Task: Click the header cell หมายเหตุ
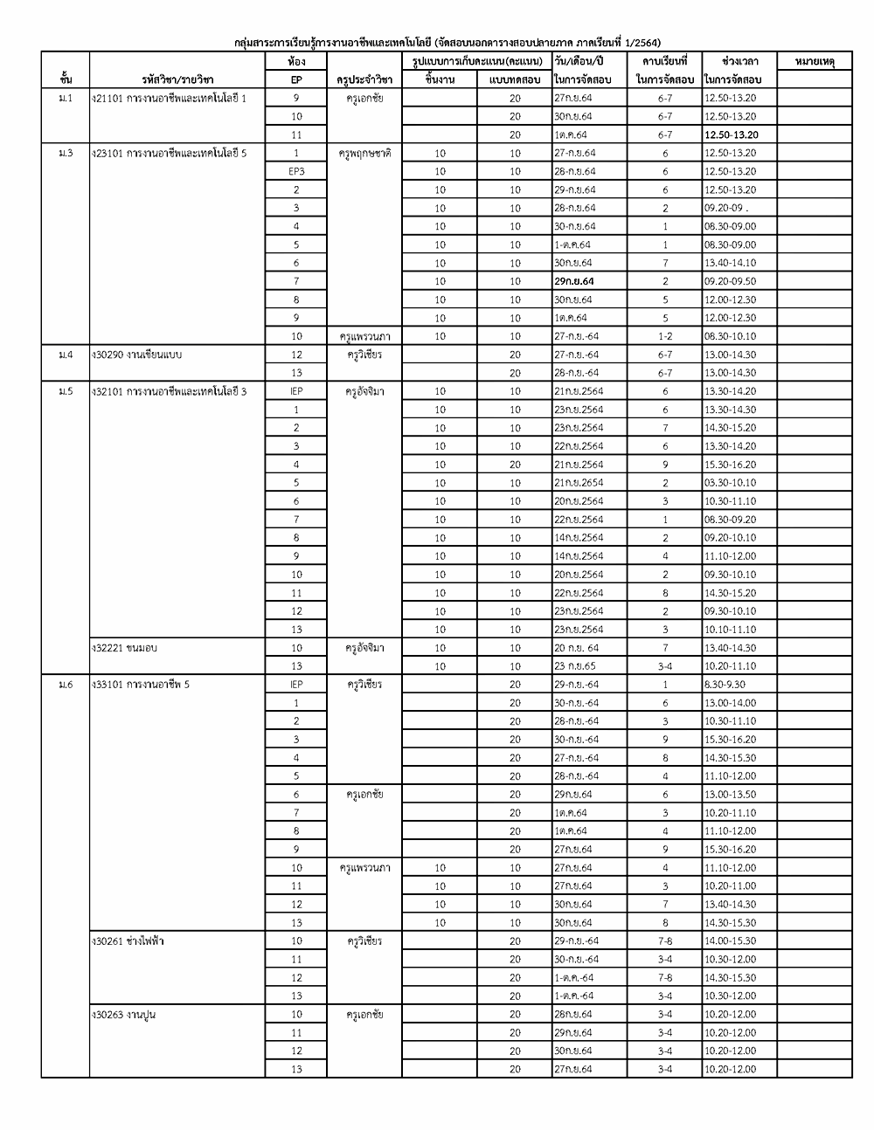815,62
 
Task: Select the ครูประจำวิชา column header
364,80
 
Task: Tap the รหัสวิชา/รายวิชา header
177,80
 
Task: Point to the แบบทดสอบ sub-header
514,80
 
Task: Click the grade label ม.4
65,355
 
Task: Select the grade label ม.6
65,685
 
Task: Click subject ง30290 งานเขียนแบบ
137,355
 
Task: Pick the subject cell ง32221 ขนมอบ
125,648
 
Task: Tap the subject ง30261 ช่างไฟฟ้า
128,941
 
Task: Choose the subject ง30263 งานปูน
125,1015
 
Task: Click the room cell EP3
296,171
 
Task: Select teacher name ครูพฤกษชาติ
364,153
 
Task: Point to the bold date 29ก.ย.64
574,281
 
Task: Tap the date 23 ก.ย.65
576,666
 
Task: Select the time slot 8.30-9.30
725,685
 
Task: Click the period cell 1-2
664,336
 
